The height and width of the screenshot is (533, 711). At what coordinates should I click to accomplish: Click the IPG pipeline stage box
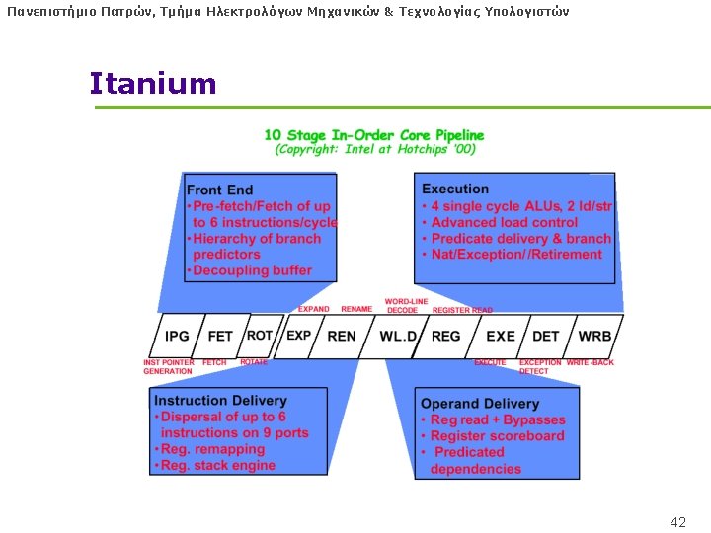pos(177,337)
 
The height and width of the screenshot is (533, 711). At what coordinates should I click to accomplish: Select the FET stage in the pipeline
pos(220,337)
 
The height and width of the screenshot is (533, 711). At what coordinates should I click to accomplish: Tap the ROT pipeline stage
pos(259,336)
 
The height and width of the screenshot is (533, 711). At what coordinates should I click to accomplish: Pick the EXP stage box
pos(298,336)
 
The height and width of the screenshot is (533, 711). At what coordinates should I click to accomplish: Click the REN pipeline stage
pos(342,337)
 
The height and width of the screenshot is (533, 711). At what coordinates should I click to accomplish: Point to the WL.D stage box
pos(399,337)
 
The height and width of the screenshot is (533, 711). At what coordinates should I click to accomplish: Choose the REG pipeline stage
pos(446,337)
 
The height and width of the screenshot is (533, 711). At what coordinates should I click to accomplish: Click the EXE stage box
pos(501,337)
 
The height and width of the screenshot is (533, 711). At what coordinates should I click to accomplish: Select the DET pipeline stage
pos(546,337)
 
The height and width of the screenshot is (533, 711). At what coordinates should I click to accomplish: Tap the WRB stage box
pos(594,337)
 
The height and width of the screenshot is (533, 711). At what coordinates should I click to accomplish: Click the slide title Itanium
pos(152,84)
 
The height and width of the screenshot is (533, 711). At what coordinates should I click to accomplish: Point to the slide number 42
pos(677,522)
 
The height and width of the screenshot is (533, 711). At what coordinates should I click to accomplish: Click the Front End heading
pos(219,190)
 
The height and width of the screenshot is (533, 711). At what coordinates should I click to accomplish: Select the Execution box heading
pos(455,189)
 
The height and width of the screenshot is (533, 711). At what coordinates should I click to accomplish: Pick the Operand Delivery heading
pos(480,404)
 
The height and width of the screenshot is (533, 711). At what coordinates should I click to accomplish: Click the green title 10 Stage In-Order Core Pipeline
pos(374,135)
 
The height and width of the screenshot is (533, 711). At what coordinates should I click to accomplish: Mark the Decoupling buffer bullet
pos(252,270)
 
